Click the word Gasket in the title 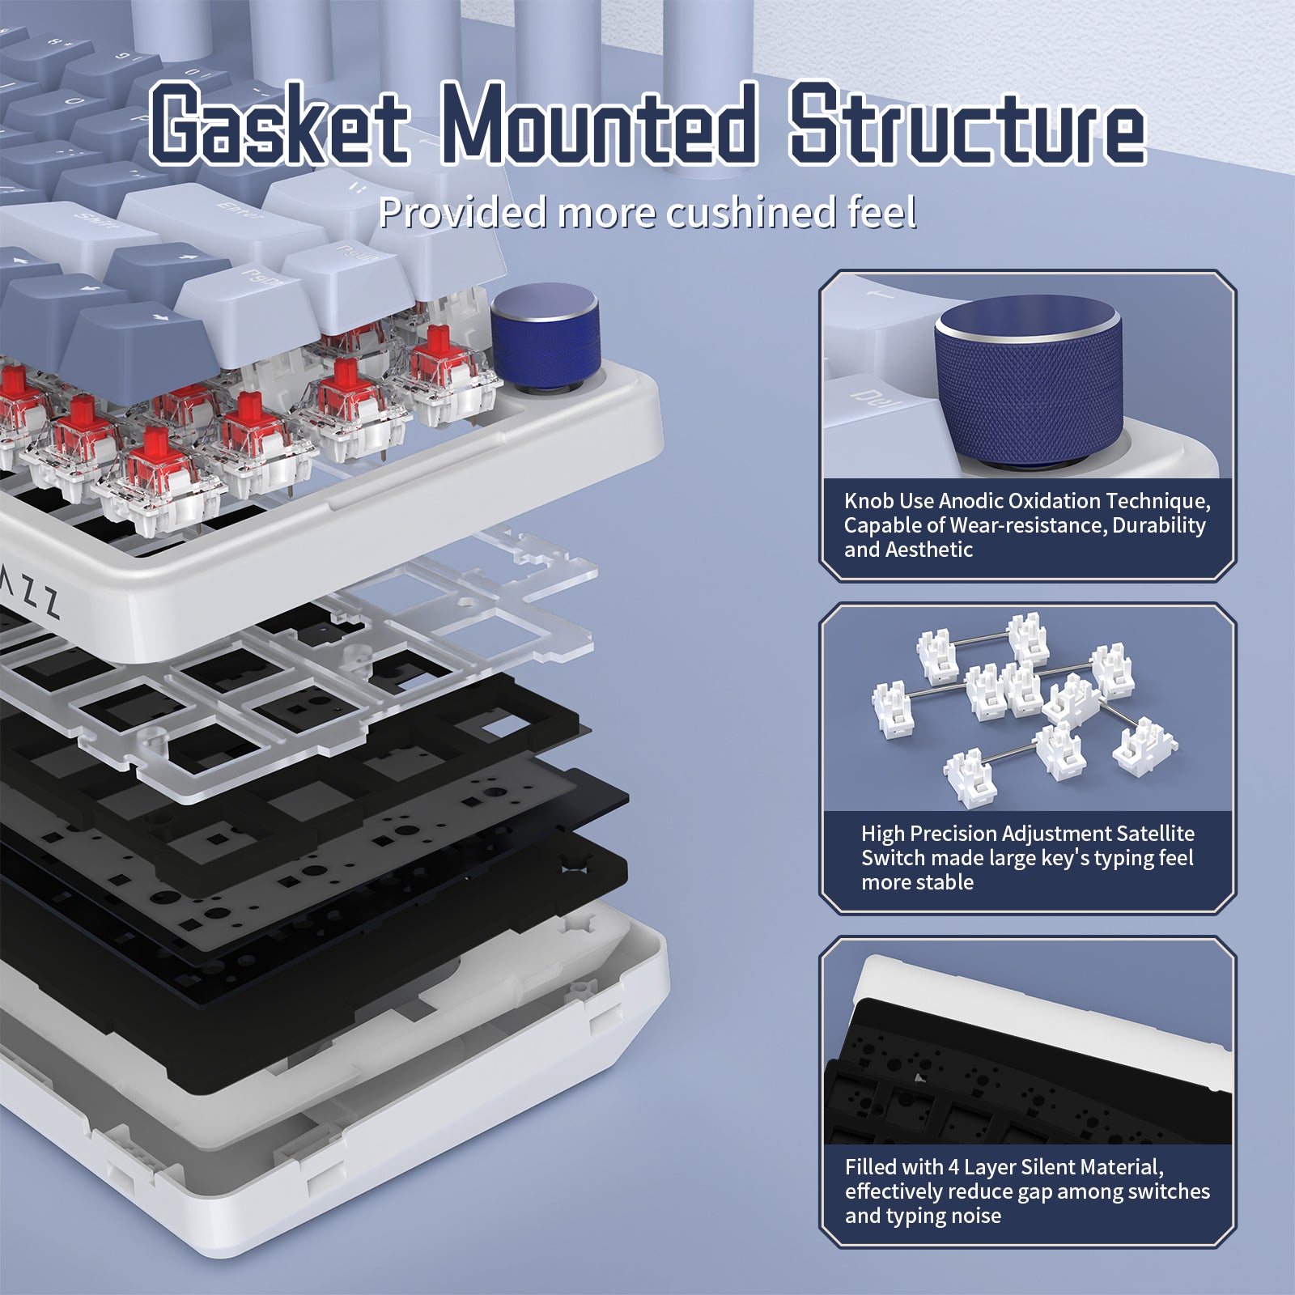click(279, 125)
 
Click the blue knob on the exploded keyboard click(546, 333)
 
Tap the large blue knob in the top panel click(1028, 380)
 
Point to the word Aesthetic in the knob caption click(928, 550)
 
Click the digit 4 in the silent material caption click(953, 1167)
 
